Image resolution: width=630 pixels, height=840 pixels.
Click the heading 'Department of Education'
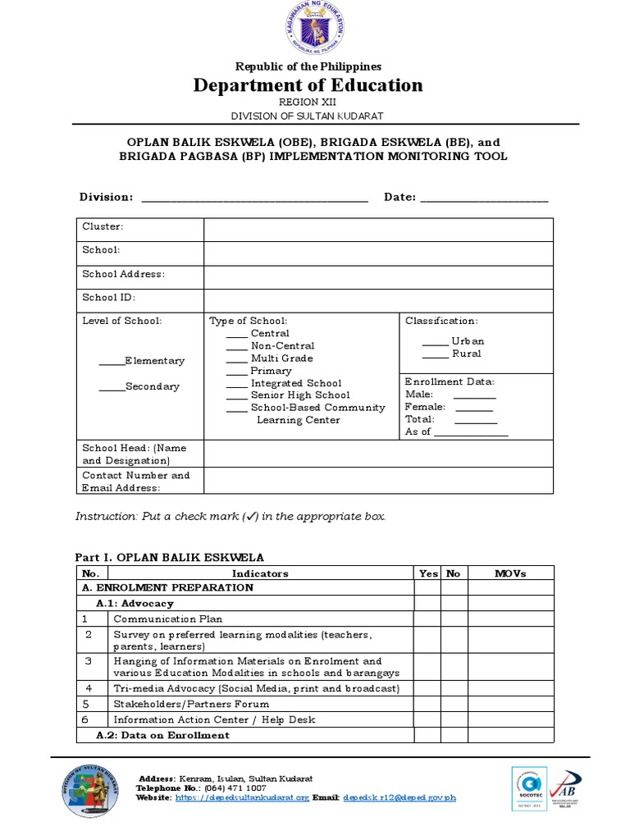[308, 85]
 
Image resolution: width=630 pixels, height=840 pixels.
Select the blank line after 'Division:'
[255, 198]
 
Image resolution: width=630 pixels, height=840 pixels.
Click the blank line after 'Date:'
[484, 198]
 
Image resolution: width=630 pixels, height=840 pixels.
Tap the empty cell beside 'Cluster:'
[378, 230]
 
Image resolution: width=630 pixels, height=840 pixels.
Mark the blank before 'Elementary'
[111, 361]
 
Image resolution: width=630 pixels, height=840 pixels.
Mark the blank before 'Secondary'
[111, 386]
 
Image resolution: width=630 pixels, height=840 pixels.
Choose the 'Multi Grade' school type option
[236, 358]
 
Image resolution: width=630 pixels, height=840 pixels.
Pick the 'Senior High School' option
[236, 395]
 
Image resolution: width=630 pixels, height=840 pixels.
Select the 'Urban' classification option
[434, 341]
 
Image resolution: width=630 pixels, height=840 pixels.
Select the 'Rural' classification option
[434, 354]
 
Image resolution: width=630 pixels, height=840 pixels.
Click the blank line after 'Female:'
[474, 407]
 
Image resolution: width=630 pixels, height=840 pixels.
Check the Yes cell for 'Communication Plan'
[427, 619]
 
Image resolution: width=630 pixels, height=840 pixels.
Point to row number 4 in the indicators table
[89, 688]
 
